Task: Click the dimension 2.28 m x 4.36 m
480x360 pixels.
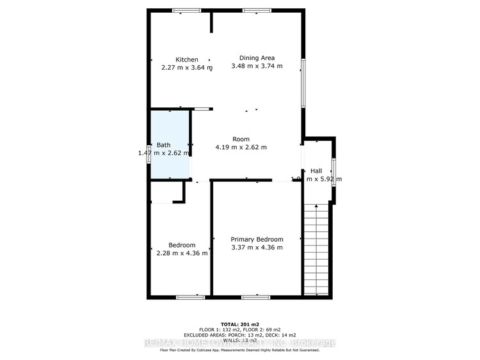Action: pos(182,253)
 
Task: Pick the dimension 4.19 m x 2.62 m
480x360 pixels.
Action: pos(241,147)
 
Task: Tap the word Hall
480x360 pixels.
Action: pos(316,171)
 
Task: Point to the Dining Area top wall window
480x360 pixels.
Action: pos(257,10)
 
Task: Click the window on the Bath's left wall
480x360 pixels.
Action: pos(149,154)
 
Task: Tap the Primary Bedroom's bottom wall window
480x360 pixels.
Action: pos(256,297)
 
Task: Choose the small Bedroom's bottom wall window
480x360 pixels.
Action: pos(190,297)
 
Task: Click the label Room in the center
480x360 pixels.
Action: pos(241,139)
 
